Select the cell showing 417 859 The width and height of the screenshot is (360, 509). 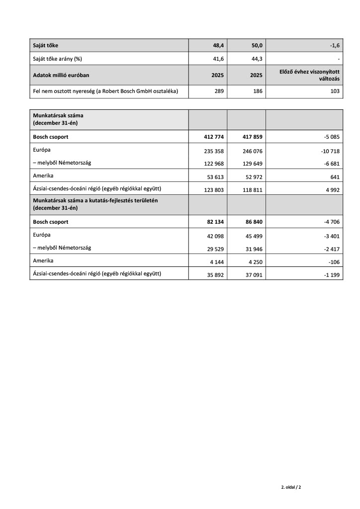point(250,137)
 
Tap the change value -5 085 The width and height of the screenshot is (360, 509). point(330,137)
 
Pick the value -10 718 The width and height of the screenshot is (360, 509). point(329,151)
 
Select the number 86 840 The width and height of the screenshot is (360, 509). point(252,222)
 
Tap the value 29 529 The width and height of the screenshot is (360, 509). point(212,248)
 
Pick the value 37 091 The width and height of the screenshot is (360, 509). point(252,274)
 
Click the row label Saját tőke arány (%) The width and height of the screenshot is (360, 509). point(57,59)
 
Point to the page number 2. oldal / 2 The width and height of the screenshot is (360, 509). point(291,487)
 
